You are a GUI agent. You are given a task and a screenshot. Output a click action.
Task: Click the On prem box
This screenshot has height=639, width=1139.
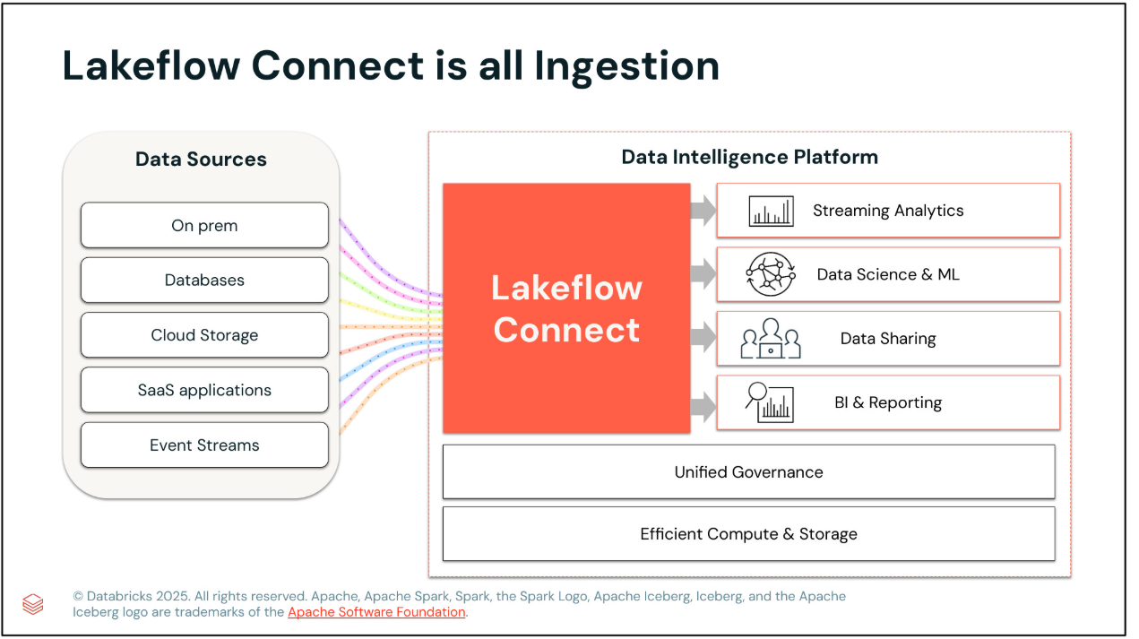[204, 225]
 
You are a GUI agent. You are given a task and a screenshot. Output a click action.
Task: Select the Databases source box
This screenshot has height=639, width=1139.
[204, 280]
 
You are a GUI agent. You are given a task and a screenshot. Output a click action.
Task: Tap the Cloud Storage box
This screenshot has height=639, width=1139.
[204, 335]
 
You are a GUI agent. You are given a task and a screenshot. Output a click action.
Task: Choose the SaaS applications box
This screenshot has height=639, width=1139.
[204, 390]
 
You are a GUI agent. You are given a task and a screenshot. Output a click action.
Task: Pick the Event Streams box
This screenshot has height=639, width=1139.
[204, 445]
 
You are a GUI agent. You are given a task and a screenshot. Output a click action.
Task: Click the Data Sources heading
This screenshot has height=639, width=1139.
[201, 160]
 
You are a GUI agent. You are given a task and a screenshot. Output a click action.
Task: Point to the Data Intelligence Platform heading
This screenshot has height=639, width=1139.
[749, 157]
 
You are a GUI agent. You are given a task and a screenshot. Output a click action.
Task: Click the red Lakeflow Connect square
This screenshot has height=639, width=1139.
[566, 308]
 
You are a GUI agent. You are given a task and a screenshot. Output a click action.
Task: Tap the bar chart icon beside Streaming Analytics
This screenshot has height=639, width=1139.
[771, 212]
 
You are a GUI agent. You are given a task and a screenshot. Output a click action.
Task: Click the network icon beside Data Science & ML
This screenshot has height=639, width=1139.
[771, 274]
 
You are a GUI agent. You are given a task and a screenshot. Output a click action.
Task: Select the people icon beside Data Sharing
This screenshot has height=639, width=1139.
[771, 339]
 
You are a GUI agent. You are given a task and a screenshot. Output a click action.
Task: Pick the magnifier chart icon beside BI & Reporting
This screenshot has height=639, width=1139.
[771, 402]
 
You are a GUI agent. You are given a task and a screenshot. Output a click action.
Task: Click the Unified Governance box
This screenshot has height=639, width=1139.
[748, 471]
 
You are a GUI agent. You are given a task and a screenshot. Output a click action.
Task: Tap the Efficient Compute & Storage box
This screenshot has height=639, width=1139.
[748, 534]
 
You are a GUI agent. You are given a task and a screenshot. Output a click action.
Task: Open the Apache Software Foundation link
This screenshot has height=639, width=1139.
[376, 612]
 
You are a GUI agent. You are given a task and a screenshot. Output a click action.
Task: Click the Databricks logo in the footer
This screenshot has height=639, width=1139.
[33, 604]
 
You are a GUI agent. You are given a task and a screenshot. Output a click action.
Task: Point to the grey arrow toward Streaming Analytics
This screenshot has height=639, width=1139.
[703, 212]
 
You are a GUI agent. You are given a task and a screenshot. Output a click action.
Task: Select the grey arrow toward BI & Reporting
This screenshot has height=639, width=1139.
[703, 407]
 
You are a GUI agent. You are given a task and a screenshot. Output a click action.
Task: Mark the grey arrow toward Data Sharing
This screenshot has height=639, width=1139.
[703, 339]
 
